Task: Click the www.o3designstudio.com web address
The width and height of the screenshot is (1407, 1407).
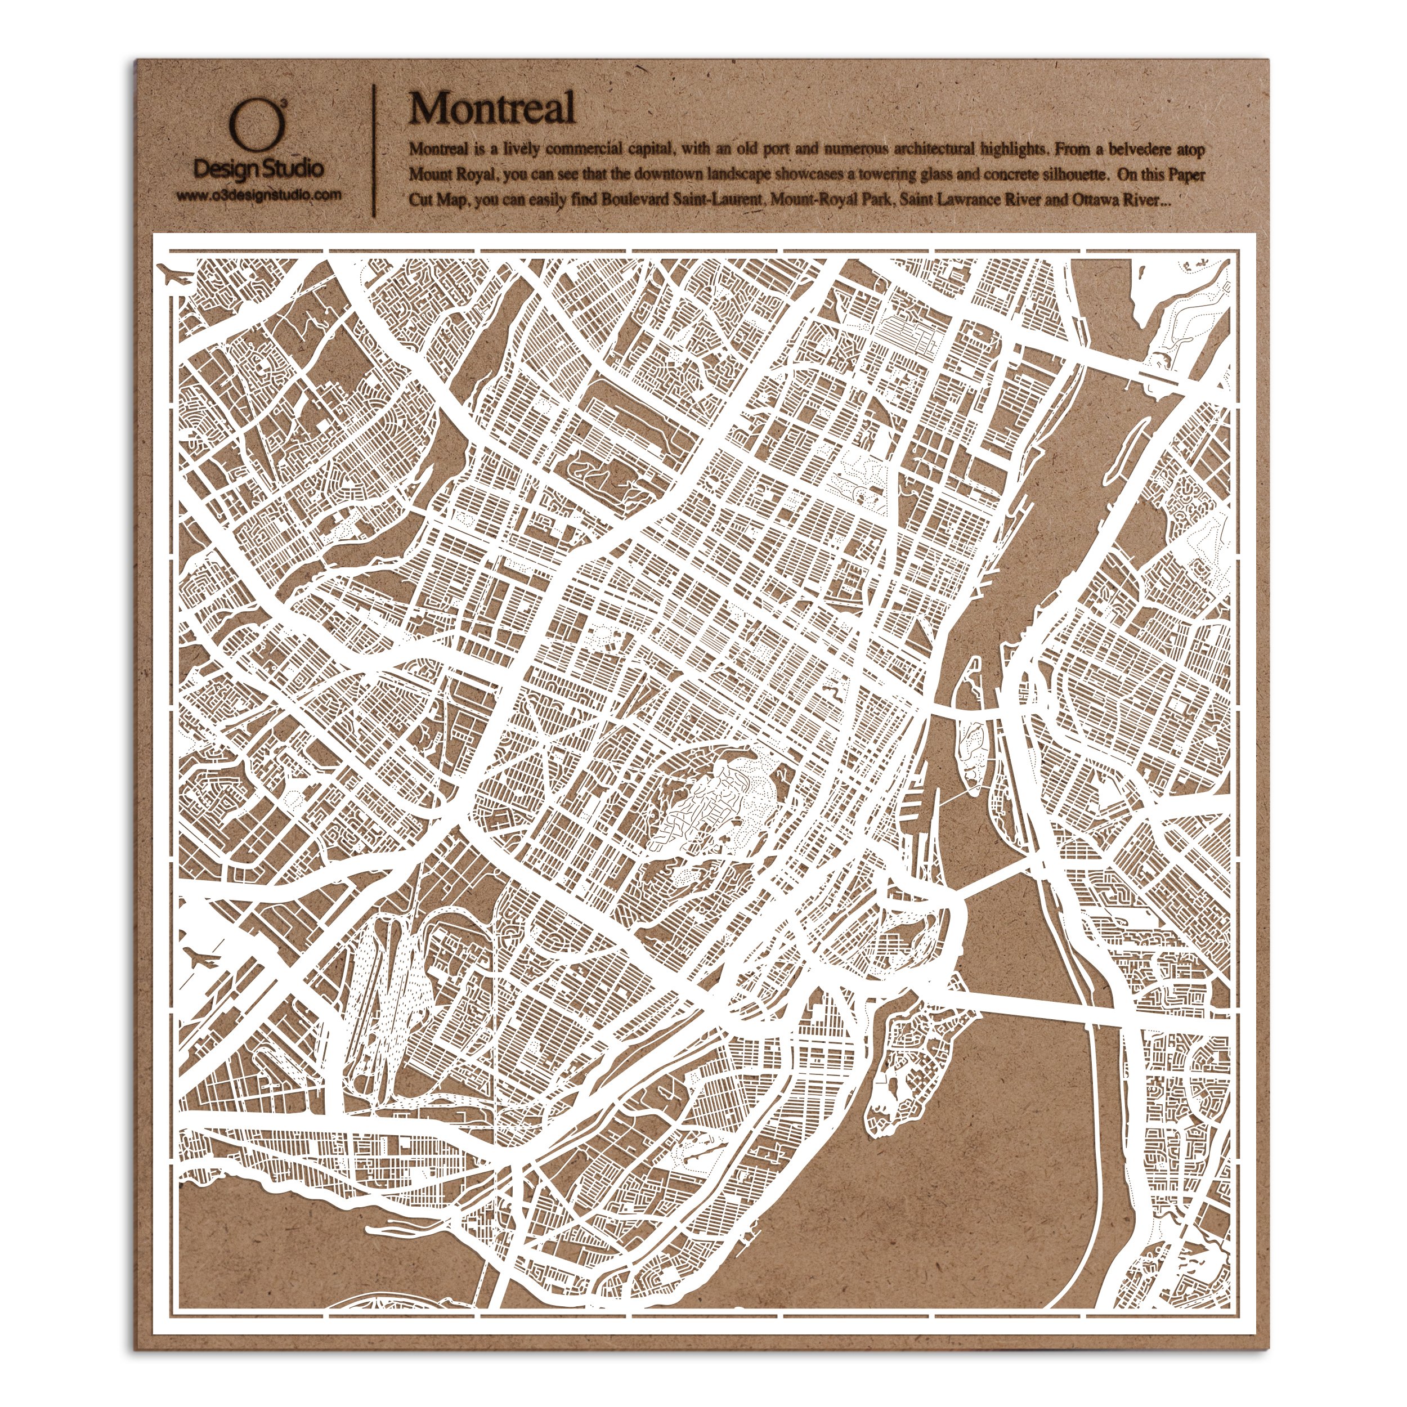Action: pos(258,195)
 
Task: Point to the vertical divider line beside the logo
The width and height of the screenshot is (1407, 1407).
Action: pos(374,149)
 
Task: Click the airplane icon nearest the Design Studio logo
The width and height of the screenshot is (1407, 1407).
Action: pos(175,277)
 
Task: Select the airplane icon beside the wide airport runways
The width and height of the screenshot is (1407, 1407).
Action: pos(200,958)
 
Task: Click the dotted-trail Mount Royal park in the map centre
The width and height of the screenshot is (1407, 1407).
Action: pos(710,805)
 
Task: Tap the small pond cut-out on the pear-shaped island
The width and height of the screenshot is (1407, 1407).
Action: pos(890,1107)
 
